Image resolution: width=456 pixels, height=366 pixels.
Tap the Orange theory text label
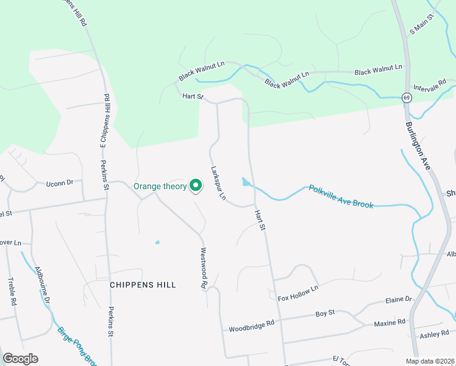[160, 186]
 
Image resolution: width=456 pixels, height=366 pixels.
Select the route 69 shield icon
[406, 97]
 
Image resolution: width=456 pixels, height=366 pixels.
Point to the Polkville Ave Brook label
[341, 196]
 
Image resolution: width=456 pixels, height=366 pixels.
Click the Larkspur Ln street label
[218, 183]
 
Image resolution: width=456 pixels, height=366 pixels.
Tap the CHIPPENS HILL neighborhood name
[143, 285]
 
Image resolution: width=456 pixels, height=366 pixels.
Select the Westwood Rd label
[204, 267]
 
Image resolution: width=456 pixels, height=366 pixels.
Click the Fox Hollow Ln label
[298, 293]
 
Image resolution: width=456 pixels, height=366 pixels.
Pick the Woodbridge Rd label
[252, 327]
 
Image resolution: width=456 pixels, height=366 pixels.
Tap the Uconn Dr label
[60, 182]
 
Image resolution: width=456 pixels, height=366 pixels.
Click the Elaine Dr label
[399, 300]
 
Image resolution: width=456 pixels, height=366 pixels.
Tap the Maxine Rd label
[389, 322]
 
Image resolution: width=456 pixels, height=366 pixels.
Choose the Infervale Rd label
[429, 84]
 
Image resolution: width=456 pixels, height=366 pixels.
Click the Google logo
[20, 359]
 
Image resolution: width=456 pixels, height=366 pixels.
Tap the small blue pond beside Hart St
[245, 182]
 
